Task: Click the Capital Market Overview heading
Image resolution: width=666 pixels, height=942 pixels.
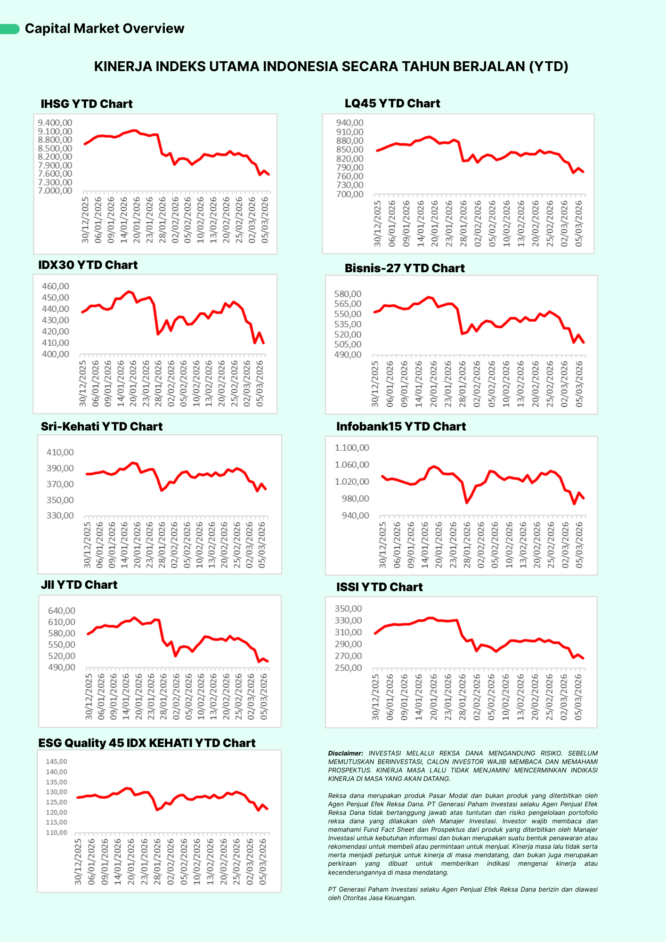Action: (104, 29)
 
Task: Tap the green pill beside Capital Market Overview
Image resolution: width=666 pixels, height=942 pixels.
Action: (9, 29)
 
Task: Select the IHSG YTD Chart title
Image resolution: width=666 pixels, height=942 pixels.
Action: (87, 104)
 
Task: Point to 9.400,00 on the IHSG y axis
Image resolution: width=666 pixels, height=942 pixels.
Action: (55, 123)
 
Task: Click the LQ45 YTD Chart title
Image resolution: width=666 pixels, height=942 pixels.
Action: (392, 104)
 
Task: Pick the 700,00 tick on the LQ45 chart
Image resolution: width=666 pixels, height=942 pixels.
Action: (349, 194)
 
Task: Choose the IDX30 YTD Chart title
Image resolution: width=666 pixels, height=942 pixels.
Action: (88, 265)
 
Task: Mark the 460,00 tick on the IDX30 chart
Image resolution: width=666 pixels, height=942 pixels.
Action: (56, 286)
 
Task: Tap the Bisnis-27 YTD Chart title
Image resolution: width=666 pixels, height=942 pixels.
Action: (405, 268)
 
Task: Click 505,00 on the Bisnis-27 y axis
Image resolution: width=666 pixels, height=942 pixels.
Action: (348, 344)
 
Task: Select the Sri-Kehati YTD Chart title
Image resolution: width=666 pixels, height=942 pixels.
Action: (102, 427)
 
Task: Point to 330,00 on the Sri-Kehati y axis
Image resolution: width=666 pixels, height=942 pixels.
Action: (60, 516)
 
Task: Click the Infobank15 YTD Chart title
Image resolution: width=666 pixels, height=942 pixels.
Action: (401, 427)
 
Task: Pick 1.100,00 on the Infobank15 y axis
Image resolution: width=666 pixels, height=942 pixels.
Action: (352, 448)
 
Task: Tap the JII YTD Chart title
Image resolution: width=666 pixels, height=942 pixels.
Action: (79, 585)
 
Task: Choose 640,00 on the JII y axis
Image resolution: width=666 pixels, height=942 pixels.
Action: (62, 611)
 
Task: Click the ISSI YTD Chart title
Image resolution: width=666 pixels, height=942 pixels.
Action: (380, 587)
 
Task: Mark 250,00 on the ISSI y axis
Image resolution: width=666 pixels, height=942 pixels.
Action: (348, 668)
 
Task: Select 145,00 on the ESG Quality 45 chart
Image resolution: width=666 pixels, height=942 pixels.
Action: (57, 762)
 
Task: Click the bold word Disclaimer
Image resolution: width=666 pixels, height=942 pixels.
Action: (346, 754)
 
